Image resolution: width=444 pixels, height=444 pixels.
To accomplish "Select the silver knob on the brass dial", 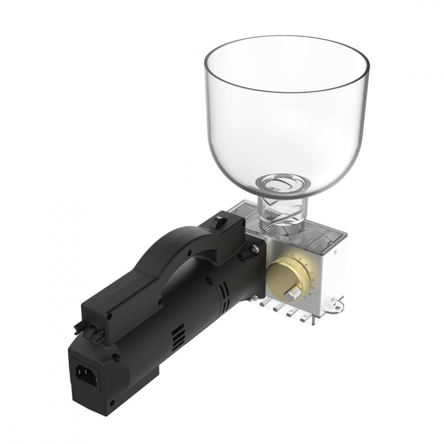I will [292, 294].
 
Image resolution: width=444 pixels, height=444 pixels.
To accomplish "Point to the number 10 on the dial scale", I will [292, 254].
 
